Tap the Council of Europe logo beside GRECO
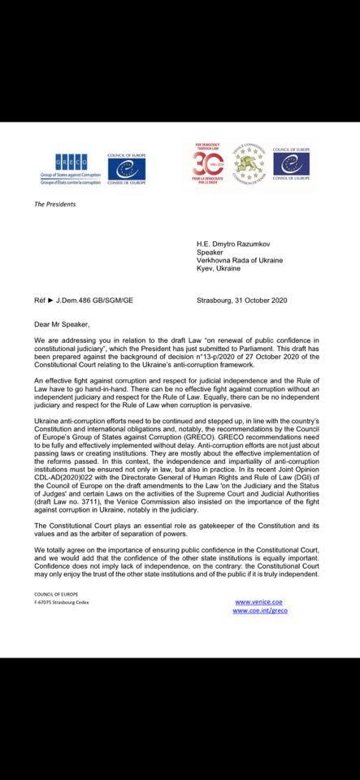coord(126,167)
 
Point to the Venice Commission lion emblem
coord(249,162)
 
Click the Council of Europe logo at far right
coord(290,163)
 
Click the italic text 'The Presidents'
coord(55,204)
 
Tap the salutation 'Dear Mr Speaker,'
coord(62,301)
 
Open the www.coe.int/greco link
coord(260,610)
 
